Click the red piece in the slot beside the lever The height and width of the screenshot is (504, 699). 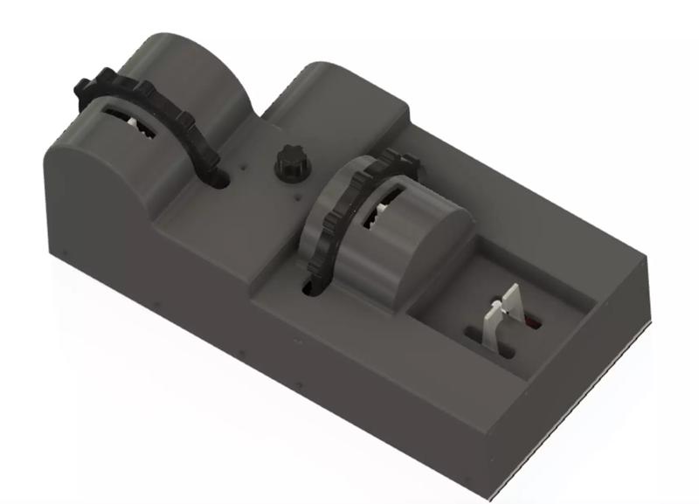click(532, 324)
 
